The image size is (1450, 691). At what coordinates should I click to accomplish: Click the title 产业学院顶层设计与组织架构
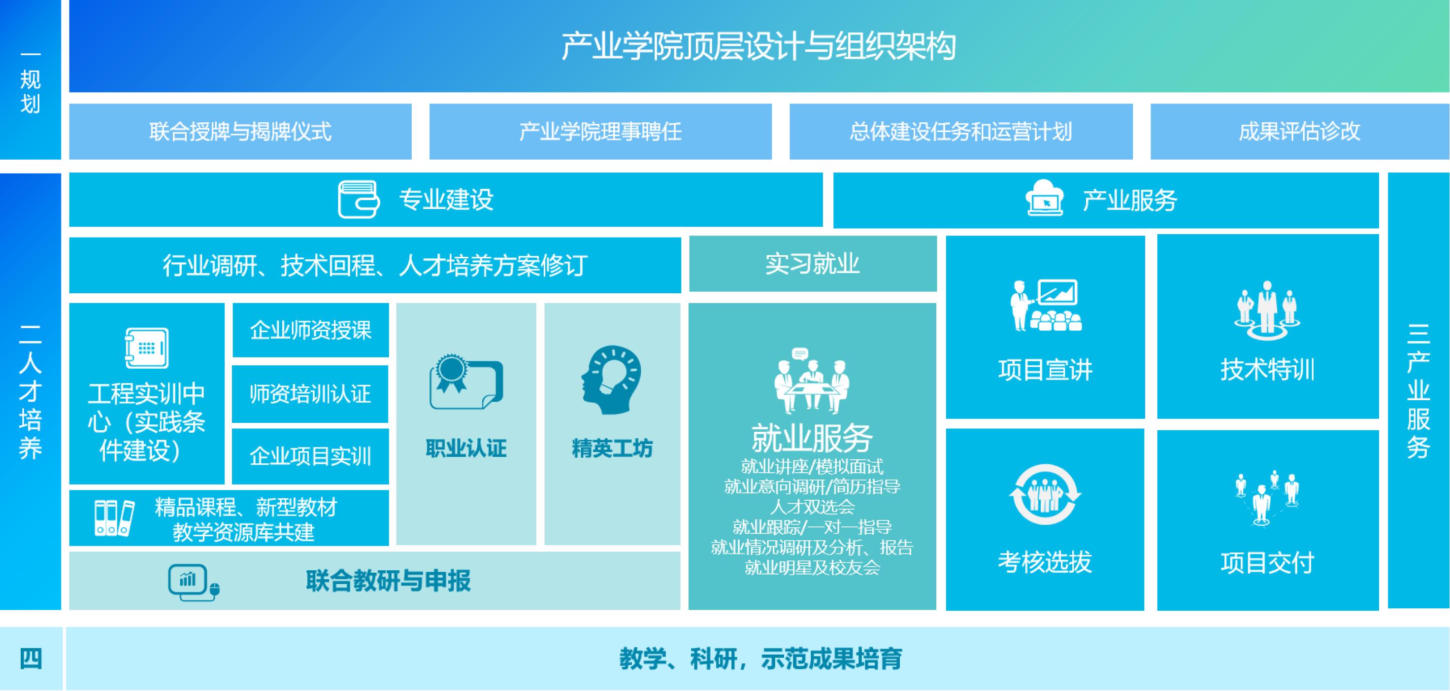[758, 46]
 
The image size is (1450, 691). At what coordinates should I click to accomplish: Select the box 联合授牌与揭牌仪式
[240, 132]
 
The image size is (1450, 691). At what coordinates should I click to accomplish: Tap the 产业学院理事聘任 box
[600, 132]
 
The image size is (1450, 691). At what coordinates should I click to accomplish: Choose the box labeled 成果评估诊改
[1299, 132]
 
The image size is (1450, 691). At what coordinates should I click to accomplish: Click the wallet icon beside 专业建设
[359, 199]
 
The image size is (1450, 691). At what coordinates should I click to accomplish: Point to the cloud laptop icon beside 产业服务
[1045, 198]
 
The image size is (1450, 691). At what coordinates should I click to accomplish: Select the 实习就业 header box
[812, 264]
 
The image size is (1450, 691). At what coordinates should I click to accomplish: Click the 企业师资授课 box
[311, 330]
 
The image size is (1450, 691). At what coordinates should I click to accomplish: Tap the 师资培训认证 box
[310, 394]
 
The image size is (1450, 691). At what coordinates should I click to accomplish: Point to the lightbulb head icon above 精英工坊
[611, 380]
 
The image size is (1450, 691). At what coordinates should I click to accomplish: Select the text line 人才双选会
[812, 507]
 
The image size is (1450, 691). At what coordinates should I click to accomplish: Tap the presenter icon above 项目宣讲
[1046, 305]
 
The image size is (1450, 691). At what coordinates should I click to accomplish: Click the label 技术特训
[1268, 370]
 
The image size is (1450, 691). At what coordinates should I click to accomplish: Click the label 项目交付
[1268, 562]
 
